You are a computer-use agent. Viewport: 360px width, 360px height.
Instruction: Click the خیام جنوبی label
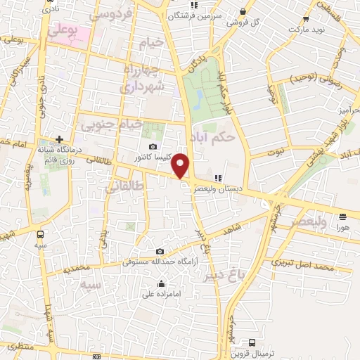tap(109, 125)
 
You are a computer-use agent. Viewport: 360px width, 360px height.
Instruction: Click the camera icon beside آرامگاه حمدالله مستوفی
tap(160, 252)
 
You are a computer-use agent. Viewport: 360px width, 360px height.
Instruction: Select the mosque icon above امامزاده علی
tap(162, 285)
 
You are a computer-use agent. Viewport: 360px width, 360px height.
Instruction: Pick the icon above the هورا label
tap(342, 217)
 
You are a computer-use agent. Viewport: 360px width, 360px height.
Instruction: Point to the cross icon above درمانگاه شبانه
tap(60, 139)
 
